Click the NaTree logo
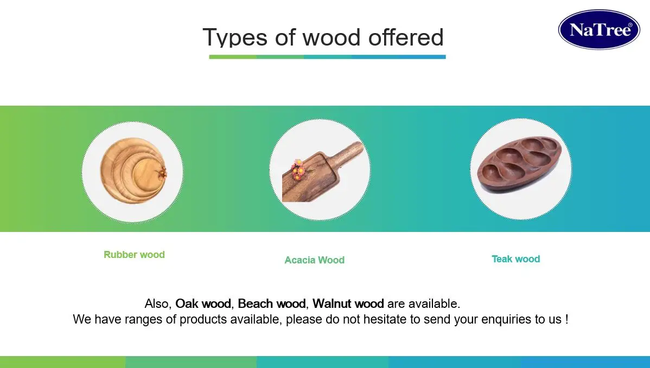point(599,30)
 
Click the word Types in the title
point(234,38)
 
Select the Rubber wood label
point(134,255)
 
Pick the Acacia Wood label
point(314,260)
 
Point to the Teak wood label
point(515,259)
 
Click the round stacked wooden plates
point(130,171)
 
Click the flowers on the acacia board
point(298,169)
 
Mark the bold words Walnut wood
point(348,304)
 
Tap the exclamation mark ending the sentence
point(566,320)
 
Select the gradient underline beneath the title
point(327,56)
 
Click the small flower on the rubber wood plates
point(162,173)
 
